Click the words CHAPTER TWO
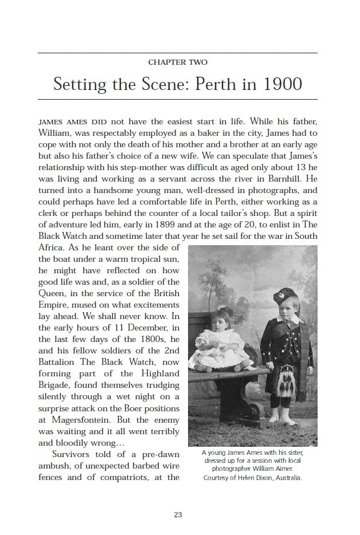pyautogui.click(x=178, y=62)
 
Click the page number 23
pyautogui.click(x=178, y=515)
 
